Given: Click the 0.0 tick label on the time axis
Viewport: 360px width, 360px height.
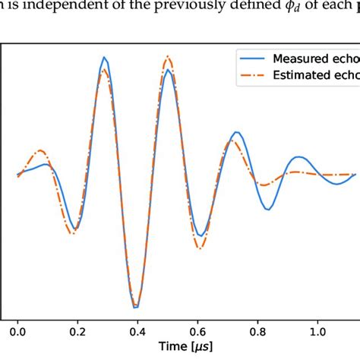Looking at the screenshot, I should click(17, 331).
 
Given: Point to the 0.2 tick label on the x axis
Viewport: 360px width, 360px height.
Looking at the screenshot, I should click(77, 331).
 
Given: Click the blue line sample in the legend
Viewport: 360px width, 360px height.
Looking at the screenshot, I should click(254, 58).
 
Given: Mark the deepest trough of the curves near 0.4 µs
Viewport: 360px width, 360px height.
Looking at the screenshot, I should click(136, 308).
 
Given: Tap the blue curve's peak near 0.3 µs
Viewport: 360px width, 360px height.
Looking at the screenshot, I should click(105, 56).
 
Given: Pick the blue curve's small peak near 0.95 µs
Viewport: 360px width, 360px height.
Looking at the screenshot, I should click(298, 157).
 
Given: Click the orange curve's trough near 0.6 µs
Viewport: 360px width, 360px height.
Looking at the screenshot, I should click(200, 248).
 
